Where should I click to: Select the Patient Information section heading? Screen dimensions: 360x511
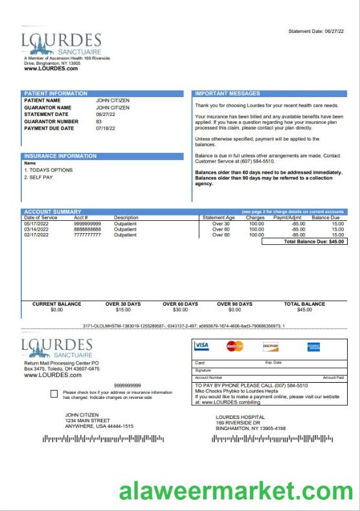click(x=51, y=94)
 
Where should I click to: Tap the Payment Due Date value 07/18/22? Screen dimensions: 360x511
click(x=106, y=128)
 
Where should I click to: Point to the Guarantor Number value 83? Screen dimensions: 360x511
click(x=99, y=121)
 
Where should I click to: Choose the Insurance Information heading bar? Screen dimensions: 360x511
click(x=60, y=156)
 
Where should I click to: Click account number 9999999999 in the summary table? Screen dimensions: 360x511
click(x=87, y=223)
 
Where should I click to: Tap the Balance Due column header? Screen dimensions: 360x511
click(x=326, y=218)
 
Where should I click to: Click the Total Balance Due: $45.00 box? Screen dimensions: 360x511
click(x=304, y=242)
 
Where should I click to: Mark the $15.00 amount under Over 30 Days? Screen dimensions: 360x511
click(x=123, y=310)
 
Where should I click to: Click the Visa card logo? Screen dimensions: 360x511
click(x=201, y=346)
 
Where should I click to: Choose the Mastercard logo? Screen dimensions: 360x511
click(x=235, y=346)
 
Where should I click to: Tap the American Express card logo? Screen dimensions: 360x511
click(x=313, y=346)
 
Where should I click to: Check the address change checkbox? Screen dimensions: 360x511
click(x=54, y=394)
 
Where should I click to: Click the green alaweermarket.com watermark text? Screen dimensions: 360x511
click(x=235, y=491)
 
